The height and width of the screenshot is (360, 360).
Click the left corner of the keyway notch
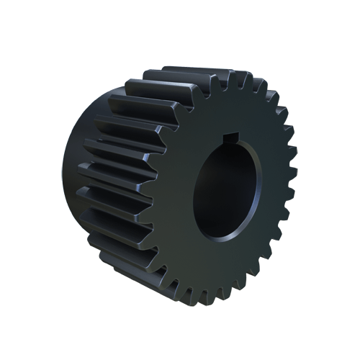click(x=223, y=137)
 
